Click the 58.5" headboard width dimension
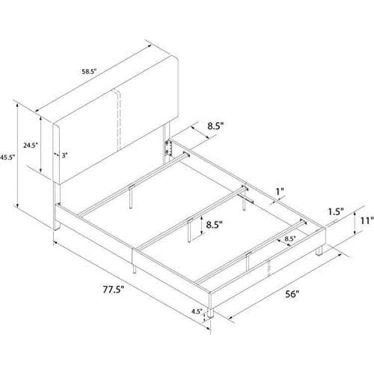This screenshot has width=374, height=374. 89,71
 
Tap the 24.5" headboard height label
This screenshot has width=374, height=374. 31,145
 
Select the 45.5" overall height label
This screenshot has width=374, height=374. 7,158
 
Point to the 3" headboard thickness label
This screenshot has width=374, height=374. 65,156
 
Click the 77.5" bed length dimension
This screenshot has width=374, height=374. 114,290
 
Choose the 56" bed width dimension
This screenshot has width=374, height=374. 292,294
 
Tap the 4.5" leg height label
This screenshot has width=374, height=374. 197,311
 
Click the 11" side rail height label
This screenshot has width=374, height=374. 367,220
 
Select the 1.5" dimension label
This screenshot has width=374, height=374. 336,212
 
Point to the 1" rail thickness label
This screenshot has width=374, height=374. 280,191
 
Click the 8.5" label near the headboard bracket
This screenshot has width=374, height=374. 215,126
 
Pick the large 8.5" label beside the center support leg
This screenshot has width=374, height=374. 214,224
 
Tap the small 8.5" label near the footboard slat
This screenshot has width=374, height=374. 290,238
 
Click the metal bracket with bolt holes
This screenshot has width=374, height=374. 169,148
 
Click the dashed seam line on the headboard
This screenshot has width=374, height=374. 119,119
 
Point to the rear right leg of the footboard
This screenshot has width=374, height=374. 319,250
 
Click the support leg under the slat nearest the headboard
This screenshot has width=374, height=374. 131,197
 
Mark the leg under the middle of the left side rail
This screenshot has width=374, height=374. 135,269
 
